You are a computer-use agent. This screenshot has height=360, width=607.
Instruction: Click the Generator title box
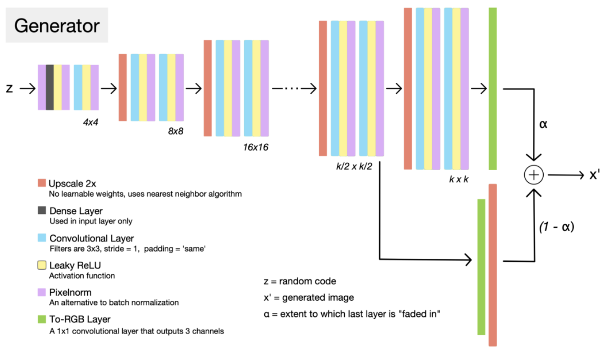point(57,26)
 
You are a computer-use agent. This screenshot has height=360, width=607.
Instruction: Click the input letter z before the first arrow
point(9,89)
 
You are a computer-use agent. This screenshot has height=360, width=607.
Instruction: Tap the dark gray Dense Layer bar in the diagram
point(50,87)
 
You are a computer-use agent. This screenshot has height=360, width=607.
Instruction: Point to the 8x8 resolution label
point(175,131)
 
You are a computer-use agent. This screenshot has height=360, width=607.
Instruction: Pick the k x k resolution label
point(459,179)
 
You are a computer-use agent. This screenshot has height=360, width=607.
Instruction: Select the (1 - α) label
point(556,227)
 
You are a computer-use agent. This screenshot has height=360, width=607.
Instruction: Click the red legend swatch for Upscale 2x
point(42,183)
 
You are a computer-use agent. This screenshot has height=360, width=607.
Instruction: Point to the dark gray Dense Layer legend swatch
point(42,211)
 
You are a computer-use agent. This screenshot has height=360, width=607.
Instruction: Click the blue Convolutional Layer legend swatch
point(42,238)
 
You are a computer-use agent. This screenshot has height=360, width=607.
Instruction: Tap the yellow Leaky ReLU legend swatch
point(42,265)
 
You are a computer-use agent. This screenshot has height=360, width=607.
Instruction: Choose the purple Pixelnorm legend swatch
point(42,292)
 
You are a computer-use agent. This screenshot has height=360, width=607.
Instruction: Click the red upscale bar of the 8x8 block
point(123,87)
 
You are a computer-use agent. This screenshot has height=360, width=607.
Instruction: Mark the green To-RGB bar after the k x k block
point(493,89)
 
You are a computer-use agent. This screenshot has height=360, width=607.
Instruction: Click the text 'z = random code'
point(299,281)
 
